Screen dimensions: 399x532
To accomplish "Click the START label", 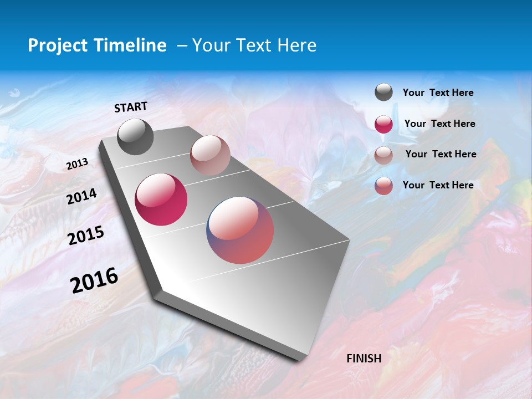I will (x=131, y=107).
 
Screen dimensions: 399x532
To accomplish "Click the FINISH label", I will (x=364, y=359).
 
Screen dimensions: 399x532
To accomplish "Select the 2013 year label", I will (x=77, y=164).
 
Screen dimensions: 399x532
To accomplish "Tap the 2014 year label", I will (x=81, y=196).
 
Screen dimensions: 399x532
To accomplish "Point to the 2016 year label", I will (x=94, y=280).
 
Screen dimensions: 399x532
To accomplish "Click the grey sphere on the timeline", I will (x=136, y=137).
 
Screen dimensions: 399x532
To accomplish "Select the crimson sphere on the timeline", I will (x=161, y=199).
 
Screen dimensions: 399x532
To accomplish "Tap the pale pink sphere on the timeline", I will (x=210, y=155).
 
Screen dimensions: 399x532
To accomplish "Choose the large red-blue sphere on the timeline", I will (x=240, y=230).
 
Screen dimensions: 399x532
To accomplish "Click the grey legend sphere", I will (x=383, y=93).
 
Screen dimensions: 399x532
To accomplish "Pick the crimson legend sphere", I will (x=383, y=124).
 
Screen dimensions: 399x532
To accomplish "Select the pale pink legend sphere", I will (x=383, y=155).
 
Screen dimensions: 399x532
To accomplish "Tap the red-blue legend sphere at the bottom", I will (x=383, y=186).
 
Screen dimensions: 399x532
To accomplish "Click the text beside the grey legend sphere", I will (x=438, y=93).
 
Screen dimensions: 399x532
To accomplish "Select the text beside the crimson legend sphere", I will (x=439, y=124).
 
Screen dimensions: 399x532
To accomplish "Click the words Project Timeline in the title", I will (x=97, y=45).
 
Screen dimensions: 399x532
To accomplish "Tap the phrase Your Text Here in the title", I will (x=254, y=45).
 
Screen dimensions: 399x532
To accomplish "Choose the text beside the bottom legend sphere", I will (x=438, y=185).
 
